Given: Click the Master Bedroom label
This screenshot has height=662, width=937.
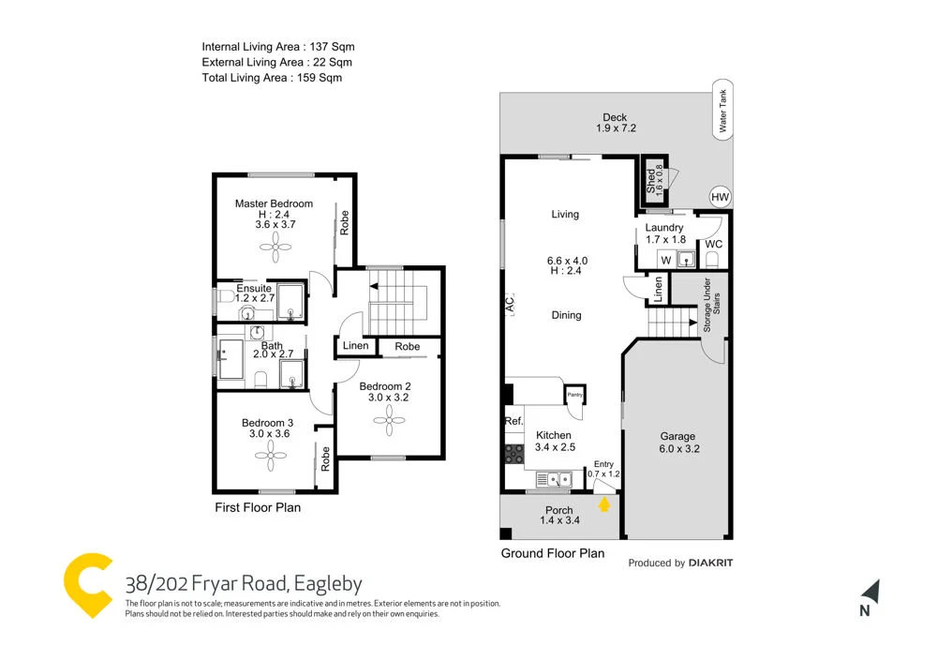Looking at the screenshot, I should pos(274,203).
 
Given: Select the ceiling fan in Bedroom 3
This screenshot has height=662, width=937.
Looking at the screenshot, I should pos(270,457).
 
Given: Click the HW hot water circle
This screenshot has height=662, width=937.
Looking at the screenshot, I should pos(720,197).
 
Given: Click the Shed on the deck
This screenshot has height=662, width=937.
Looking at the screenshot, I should pos(653,178).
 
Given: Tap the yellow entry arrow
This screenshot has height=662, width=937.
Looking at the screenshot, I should pos(604,504).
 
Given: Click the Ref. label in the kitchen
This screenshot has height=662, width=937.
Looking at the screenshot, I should pos(513,421).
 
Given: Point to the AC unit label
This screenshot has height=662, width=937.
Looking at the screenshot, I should pos(511,305).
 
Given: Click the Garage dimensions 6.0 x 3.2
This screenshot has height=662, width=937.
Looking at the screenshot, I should pos(677,449).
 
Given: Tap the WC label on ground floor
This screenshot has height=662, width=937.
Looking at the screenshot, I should pos(712,244).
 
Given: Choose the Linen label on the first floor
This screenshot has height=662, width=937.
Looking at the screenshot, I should pos(356,346).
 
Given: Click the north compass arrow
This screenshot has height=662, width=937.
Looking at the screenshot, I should pos(870,593).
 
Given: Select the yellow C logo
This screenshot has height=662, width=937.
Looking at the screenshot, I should pos(88,584).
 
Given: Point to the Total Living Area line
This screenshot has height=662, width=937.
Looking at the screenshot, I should pos(272,78).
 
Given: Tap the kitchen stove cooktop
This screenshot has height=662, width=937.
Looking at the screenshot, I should pos(514,454).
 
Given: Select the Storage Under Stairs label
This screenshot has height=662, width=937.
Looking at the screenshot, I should pos(711,306).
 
